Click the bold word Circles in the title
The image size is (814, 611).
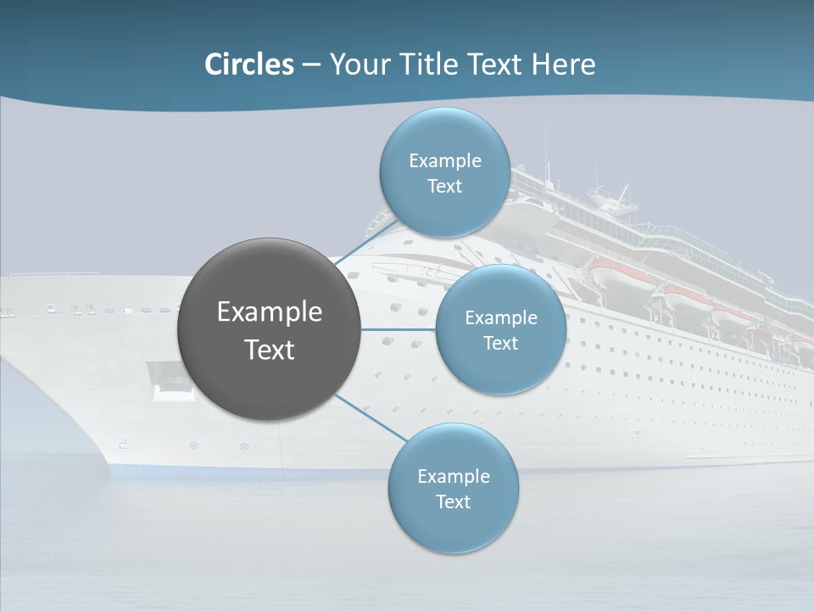click(249, 64)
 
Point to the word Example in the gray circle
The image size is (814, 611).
click(270, 312)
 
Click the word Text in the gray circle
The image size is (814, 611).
click(270, 350)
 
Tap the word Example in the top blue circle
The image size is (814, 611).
click(445, 161)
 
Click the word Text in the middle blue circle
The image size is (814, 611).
click(500, 344)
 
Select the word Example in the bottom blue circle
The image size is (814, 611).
click(454, 477)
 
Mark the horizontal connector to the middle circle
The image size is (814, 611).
click(398, 329)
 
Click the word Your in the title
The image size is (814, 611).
click(355, 64)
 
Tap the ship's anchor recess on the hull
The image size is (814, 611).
click(165, 378)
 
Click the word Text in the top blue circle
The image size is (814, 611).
click(444, 187)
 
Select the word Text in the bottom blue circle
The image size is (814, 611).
click(453, 502)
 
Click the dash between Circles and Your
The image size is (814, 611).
click(310, 64)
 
